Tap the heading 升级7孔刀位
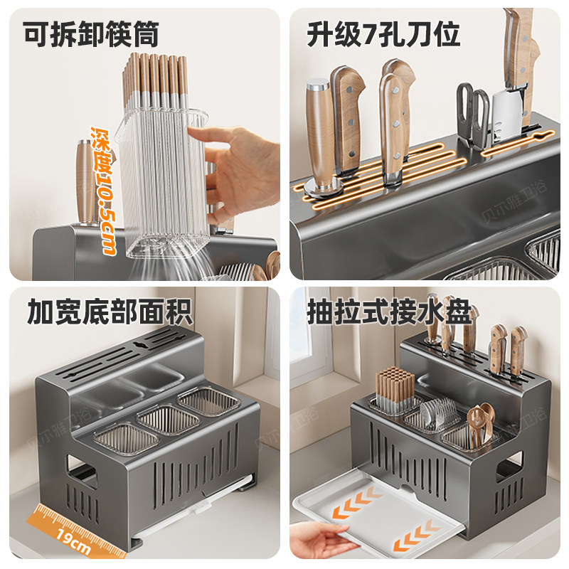[x=383, y=33]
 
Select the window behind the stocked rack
[x=309, y=334]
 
